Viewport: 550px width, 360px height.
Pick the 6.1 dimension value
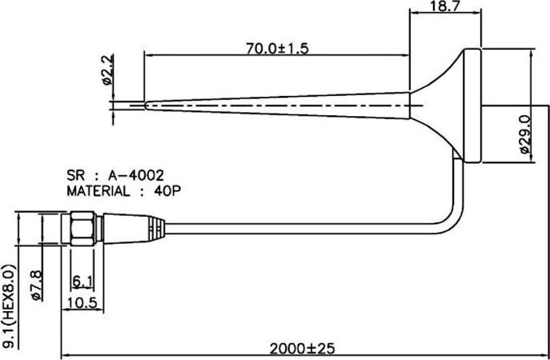[x=82, y=281]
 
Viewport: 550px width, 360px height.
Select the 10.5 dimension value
[x=82, y=302]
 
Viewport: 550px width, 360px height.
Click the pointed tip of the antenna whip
[x=146, y=102]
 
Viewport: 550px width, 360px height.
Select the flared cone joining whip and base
[x=436, y=103]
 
